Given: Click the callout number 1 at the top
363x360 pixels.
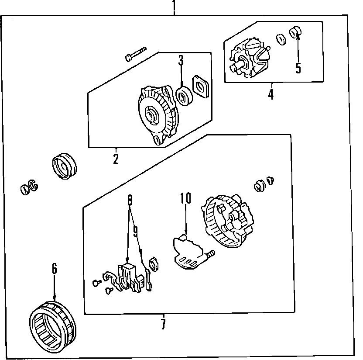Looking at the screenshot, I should [174, 6].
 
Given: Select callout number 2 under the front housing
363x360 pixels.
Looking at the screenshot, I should [116, 158].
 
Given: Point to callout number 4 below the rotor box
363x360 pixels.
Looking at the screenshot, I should [271, 93].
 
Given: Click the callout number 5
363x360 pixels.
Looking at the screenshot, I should [298, 68].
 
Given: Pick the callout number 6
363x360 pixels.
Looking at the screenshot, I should [55, 269].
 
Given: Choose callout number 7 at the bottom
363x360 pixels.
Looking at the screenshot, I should [163, 325].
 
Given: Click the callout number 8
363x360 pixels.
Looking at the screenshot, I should [130, 201].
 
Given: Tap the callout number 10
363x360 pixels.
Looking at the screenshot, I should [186, 198].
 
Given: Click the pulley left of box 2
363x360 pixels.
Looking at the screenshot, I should [64, 166].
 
